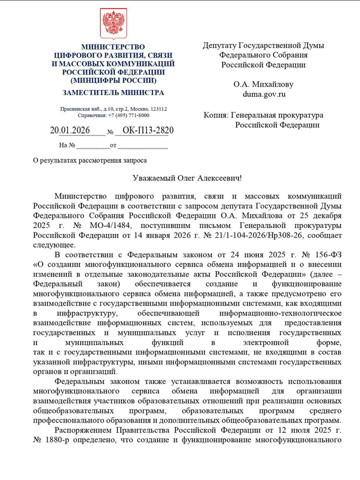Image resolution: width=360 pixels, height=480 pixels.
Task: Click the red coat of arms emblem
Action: [113, 24]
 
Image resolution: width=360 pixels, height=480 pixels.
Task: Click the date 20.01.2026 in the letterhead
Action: [70, 131]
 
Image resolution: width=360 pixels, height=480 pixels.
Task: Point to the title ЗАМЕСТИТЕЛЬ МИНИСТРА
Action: [113, 93]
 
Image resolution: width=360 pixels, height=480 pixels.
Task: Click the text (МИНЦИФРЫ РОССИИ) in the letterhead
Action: [113, 81]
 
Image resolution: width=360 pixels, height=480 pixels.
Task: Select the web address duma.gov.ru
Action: [264, 94]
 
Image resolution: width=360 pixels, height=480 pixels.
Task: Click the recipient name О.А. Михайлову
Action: [263, 84]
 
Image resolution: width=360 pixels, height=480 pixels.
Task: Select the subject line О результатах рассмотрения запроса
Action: [89, 160]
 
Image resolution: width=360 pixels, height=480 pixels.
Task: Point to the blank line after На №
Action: [93, 146]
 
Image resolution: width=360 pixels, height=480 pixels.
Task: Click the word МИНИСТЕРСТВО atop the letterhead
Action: [113, 47]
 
